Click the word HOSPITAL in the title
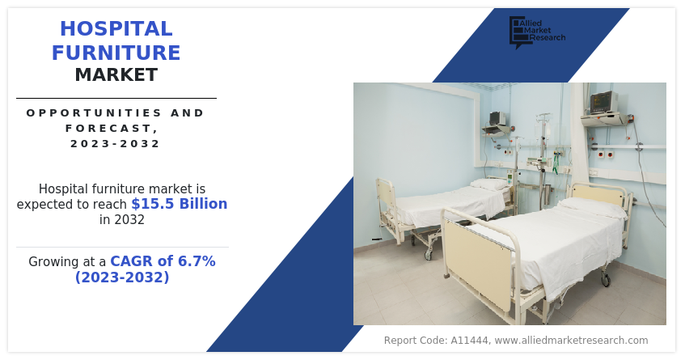tap(116, 29)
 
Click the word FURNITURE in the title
tap(116, 53)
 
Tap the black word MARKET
tap(116, 74)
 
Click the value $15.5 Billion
tap(179, 204)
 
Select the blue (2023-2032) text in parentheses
tap(122, 277)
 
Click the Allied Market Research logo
tap(537, 32)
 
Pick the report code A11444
tap(470, 341)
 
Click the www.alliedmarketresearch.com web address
tap(572, 341)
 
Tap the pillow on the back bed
tap(491, 184)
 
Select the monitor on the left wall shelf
tap(497, 118)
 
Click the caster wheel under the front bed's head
tap(606, 279)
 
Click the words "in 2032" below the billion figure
tap(122, 219)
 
